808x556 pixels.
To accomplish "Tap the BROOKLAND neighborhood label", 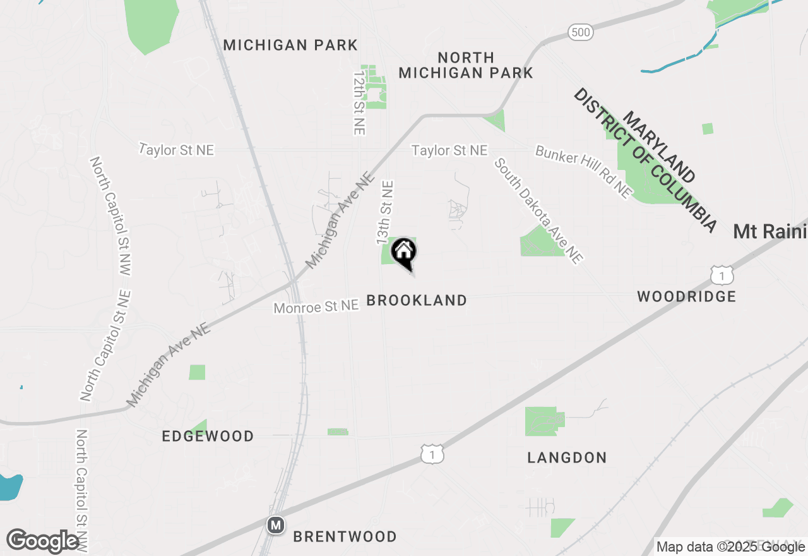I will click(417, 301).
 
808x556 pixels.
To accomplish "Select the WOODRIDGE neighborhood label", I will click(686, 296).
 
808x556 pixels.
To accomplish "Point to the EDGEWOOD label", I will click(208, 436).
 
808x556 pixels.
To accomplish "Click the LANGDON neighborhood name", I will click(567, 457).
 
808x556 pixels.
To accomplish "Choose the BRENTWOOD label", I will click(345, 536).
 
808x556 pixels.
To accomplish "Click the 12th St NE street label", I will click(359, 102).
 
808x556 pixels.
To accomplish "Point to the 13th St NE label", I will click(385, 213).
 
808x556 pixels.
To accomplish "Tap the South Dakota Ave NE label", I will click(538, 210).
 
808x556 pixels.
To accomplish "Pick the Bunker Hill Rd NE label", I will click(583, 172).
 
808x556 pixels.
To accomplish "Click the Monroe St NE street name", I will click(316, 306).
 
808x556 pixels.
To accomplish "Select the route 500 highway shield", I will click(580, 32).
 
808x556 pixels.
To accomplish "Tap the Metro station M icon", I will click(275, 525).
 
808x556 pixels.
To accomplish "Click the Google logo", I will click(43, 541).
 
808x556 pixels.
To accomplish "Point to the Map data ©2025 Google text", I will click(730, 546).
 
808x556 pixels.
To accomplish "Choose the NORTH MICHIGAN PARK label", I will click(466, 65).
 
